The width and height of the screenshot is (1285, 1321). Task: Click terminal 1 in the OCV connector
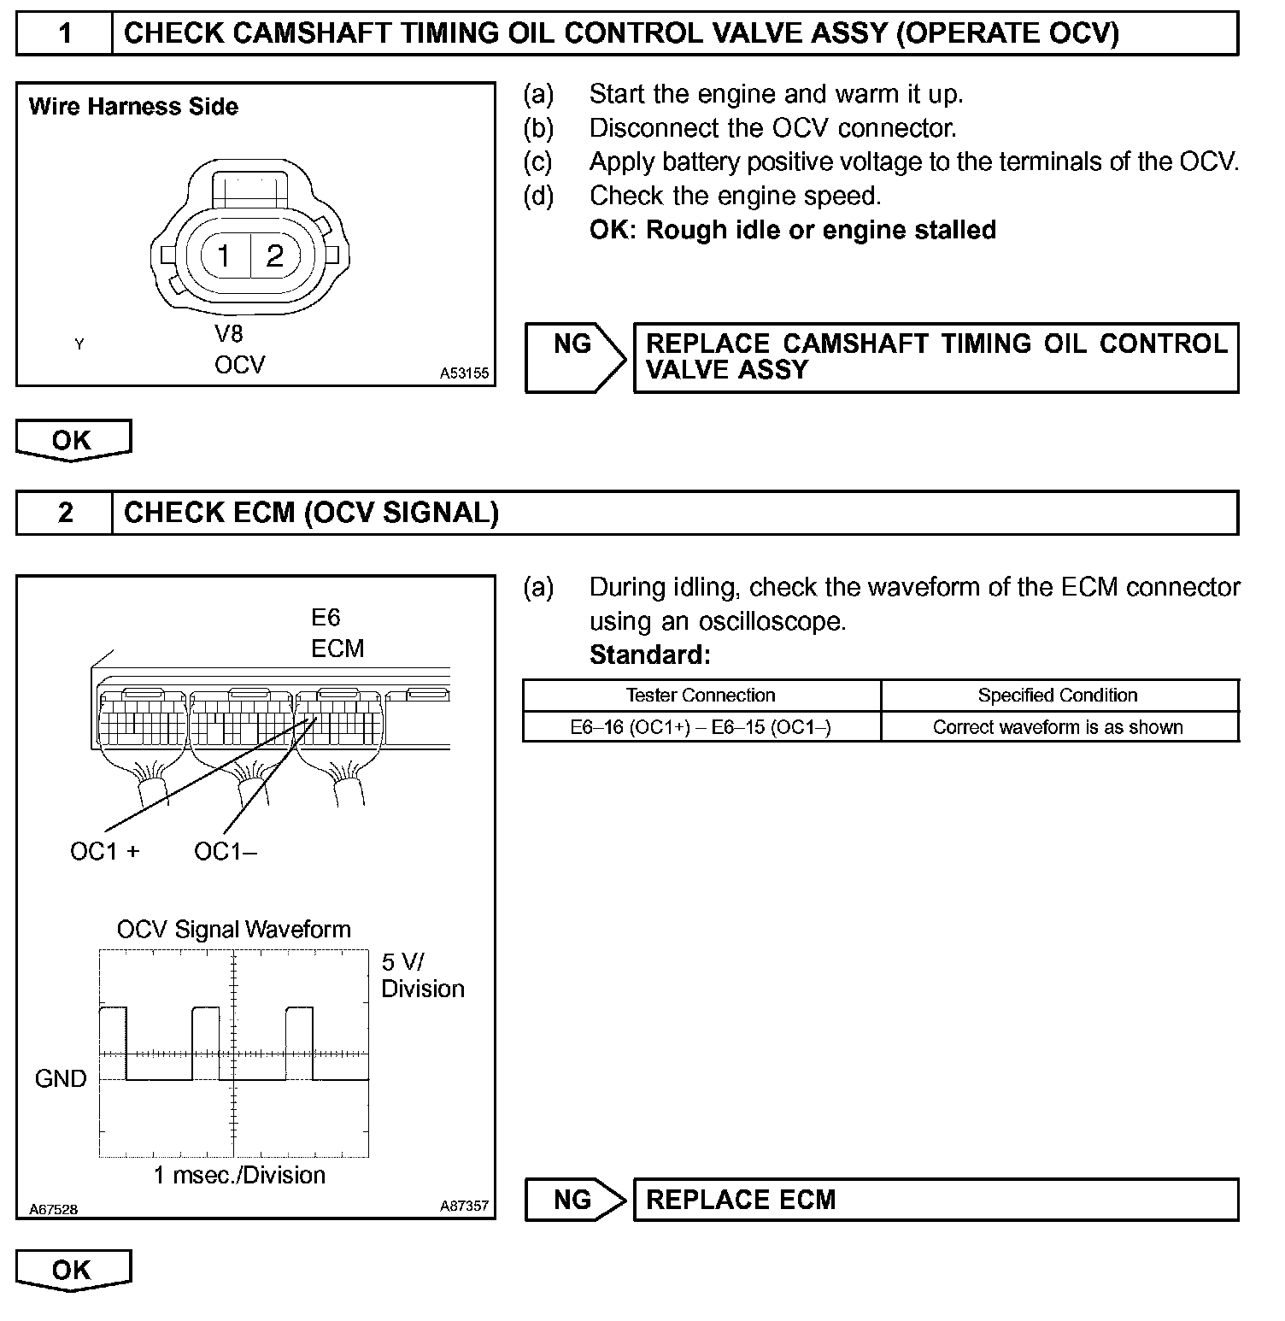click(x=224, y=255)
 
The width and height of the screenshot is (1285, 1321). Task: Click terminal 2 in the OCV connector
click(x=274, y=255)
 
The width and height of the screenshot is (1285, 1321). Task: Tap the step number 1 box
click(x=65, y=33)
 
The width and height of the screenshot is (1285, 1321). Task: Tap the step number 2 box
click(x=65, y=513)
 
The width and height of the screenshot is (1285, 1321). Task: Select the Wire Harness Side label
click(x=133, y=107)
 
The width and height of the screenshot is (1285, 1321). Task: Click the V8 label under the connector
click(x=228, y=334)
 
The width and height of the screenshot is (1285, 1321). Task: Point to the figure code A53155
click(x=464, y=373)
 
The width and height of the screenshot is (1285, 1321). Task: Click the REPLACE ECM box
click(x=936, y=1200)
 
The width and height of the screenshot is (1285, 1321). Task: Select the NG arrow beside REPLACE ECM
click(x=575, y=1200)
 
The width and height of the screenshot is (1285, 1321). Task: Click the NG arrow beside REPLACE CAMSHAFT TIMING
click(x=575, y=357)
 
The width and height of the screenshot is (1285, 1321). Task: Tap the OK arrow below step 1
click(x=73, y=440)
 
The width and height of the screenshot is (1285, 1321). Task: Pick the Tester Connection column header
click(x=701, y=696)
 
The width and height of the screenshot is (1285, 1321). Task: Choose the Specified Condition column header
click(x=1058, y=696)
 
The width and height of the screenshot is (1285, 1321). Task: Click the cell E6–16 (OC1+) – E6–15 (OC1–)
click(x=701, y=727)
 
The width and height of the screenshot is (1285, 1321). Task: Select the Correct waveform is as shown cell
click(x=1058, y=727)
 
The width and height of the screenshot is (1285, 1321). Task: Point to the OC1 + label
click(x=104, y=852)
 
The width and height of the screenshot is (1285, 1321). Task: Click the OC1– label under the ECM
click(x=226, y=852)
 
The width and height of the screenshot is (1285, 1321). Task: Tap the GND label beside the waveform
click(x=61, y=1079)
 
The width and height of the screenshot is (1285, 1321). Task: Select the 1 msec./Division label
click(x=239, y=1175)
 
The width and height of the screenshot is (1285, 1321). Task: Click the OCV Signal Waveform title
click(x=234, y=930)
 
